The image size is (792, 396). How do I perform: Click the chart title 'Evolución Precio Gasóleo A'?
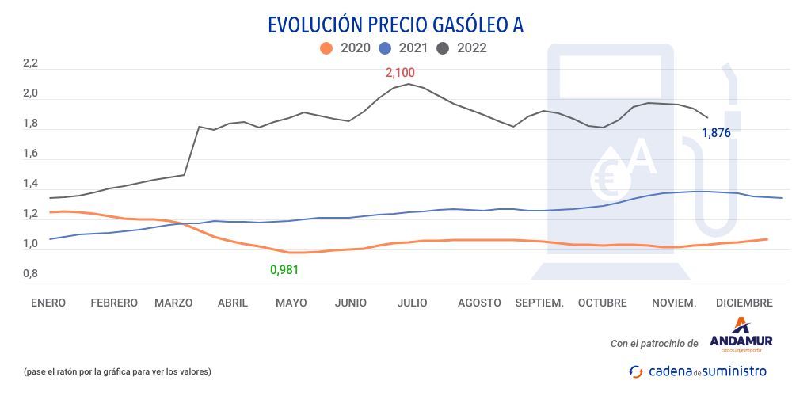tap(395, 25)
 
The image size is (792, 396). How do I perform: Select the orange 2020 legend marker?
tap(326, 48)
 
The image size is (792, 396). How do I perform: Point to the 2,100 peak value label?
tap(400, 73)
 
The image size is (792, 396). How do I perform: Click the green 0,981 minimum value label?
tap(284, 270)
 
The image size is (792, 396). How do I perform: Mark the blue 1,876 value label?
tap(717, 133)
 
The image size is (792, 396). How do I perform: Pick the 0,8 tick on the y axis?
tap(30, 274)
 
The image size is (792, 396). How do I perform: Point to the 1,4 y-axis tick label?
tap(30, 184)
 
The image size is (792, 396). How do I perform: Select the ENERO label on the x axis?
tap(48, 303)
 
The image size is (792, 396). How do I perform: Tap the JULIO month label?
tap(413, 303)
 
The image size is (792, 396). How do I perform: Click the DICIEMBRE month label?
tap(744, 303)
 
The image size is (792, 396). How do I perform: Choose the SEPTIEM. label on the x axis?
tap(539, 303)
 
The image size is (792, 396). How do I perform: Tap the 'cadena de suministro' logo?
tap(698, 371)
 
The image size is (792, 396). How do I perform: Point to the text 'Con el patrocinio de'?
tap(654, 343)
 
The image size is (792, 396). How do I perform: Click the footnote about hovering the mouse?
tap(117, 371)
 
